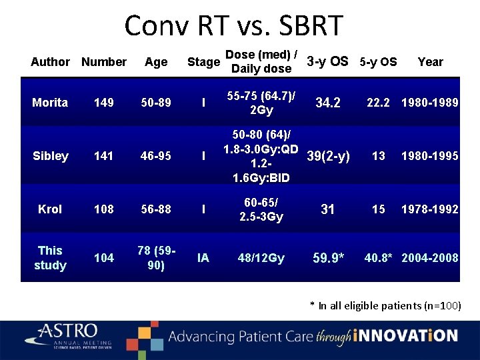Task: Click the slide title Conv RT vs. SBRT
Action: click(x=233, y=27)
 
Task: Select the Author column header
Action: click(x=50, y=62)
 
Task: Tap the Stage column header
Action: click(x=203, y=62)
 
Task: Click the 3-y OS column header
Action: click(x=327, y=62)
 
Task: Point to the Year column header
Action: click(x=430, y=62)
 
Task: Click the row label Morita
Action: click(x=50, y=103)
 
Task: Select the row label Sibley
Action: click(x=51, y=156)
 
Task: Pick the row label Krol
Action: click(x=50, y=209)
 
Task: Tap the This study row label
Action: click(x=50, y=258)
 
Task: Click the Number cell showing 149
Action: click(x=103, y=103)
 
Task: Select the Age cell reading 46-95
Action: click(x=155, y=156)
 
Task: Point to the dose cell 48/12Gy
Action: click(x=261, y=258)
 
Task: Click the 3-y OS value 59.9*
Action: click(x=328, y=258)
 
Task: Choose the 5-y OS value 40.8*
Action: click(x=379, y=258)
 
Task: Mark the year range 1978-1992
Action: click(x=429, y=209)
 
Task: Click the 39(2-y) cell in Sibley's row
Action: click(x=328, y=157)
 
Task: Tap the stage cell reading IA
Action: click(x=203, y=258)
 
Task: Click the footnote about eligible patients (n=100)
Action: click(x=385, y=306)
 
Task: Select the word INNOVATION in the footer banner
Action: click(x=406, y=336)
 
